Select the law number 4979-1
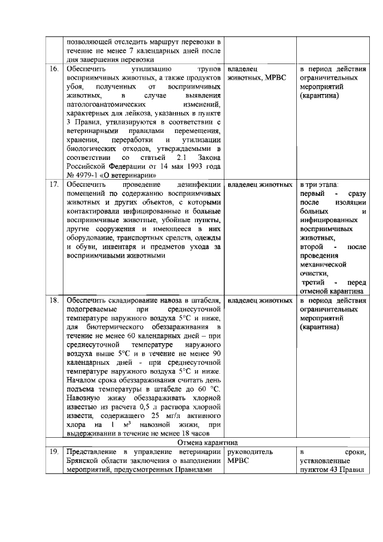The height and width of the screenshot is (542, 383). [84, 175]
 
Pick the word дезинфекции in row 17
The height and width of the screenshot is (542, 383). [199, 184]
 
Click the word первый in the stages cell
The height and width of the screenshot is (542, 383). [312, 194]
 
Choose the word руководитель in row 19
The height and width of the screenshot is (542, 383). [251, 453]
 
